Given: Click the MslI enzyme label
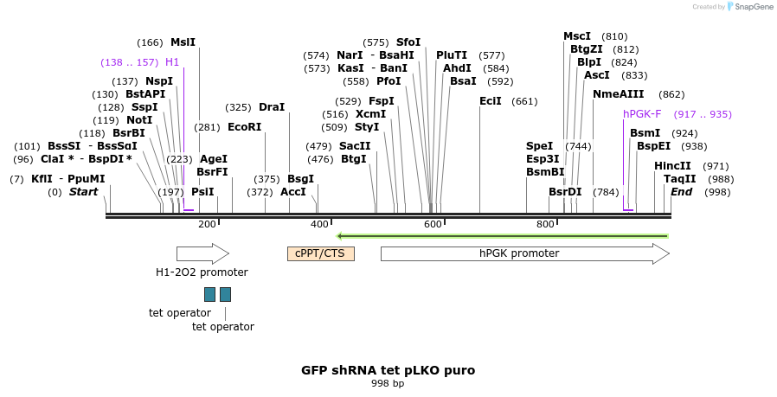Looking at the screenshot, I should [183, 42].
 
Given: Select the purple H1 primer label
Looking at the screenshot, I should [172, 62].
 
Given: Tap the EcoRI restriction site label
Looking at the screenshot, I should [244, 127].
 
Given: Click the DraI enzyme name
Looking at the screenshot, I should [272, 107].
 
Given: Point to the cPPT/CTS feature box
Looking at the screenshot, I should [320, 253].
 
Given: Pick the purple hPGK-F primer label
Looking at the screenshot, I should [642, 114].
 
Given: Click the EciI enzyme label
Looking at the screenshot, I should [491, 101].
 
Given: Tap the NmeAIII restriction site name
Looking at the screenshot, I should [619, 94].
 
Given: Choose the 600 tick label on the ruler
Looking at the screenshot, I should [433, 225].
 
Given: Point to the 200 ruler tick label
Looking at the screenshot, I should [207, 225].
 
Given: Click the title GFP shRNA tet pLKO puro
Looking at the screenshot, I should [388, 370].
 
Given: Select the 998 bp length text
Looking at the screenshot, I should [388, 383].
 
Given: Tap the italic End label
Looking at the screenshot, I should [681, 192].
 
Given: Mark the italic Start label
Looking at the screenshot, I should [84, 192].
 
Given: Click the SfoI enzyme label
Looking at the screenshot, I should [408, 42].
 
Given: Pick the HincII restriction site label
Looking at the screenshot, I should [672, 166].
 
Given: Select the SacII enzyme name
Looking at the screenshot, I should [355, 146].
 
